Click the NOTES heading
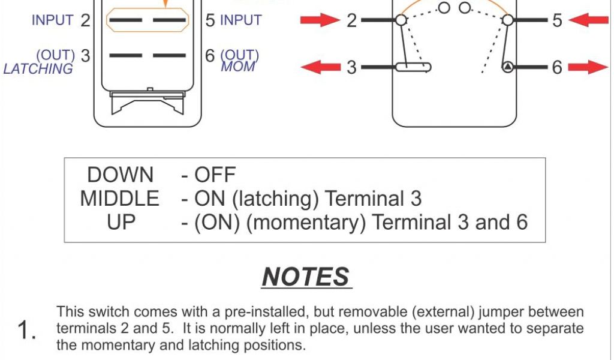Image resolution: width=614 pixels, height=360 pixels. [x=306, y=277]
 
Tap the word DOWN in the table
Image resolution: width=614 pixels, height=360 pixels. [x=121, y=175]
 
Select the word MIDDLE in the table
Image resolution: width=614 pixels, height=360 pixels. [x=120, y=199]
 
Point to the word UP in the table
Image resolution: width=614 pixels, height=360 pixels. [x=121, y=223]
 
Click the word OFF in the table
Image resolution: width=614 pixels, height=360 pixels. [x=215, y=175]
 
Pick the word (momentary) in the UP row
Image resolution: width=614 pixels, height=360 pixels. [x=306, y=223]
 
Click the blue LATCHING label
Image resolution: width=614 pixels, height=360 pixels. [x=38, y=69]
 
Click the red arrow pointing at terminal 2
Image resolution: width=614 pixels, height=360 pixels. [x=320, y=20]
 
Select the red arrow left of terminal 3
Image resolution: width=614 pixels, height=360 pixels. [x=320, y=67]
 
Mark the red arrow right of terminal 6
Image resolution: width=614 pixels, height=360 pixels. [x=588, y=67]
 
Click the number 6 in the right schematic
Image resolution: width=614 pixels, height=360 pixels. [x=557, y=67]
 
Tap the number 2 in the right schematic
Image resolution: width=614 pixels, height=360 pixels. [x=351, y=20]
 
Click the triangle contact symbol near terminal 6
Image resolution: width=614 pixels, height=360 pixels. [x=508, y=67]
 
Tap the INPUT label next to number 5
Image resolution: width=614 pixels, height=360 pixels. [x=241, y=20]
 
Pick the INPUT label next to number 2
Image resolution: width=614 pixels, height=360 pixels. [x=52, y=20]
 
